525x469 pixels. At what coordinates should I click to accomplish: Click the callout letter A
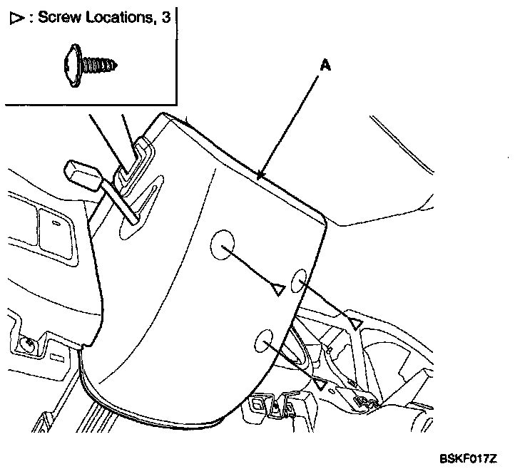coord(325,66)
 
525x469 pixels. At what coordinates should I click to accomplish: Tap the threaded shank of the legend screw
coord(99,66)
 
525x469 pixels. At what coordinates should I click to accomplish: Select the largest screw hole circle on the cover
coord(225,245)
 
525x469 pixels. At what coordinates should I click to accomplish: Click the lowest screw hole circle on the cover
coord(265,340)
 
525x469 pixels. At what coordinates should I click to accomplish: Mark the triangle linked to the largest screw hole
coord(277,288)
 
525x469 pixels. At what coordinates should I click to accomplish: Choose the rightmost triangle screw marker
coord(355,324)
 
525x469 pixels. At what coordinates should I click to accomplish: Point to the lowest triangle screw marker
coord(320,383)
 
